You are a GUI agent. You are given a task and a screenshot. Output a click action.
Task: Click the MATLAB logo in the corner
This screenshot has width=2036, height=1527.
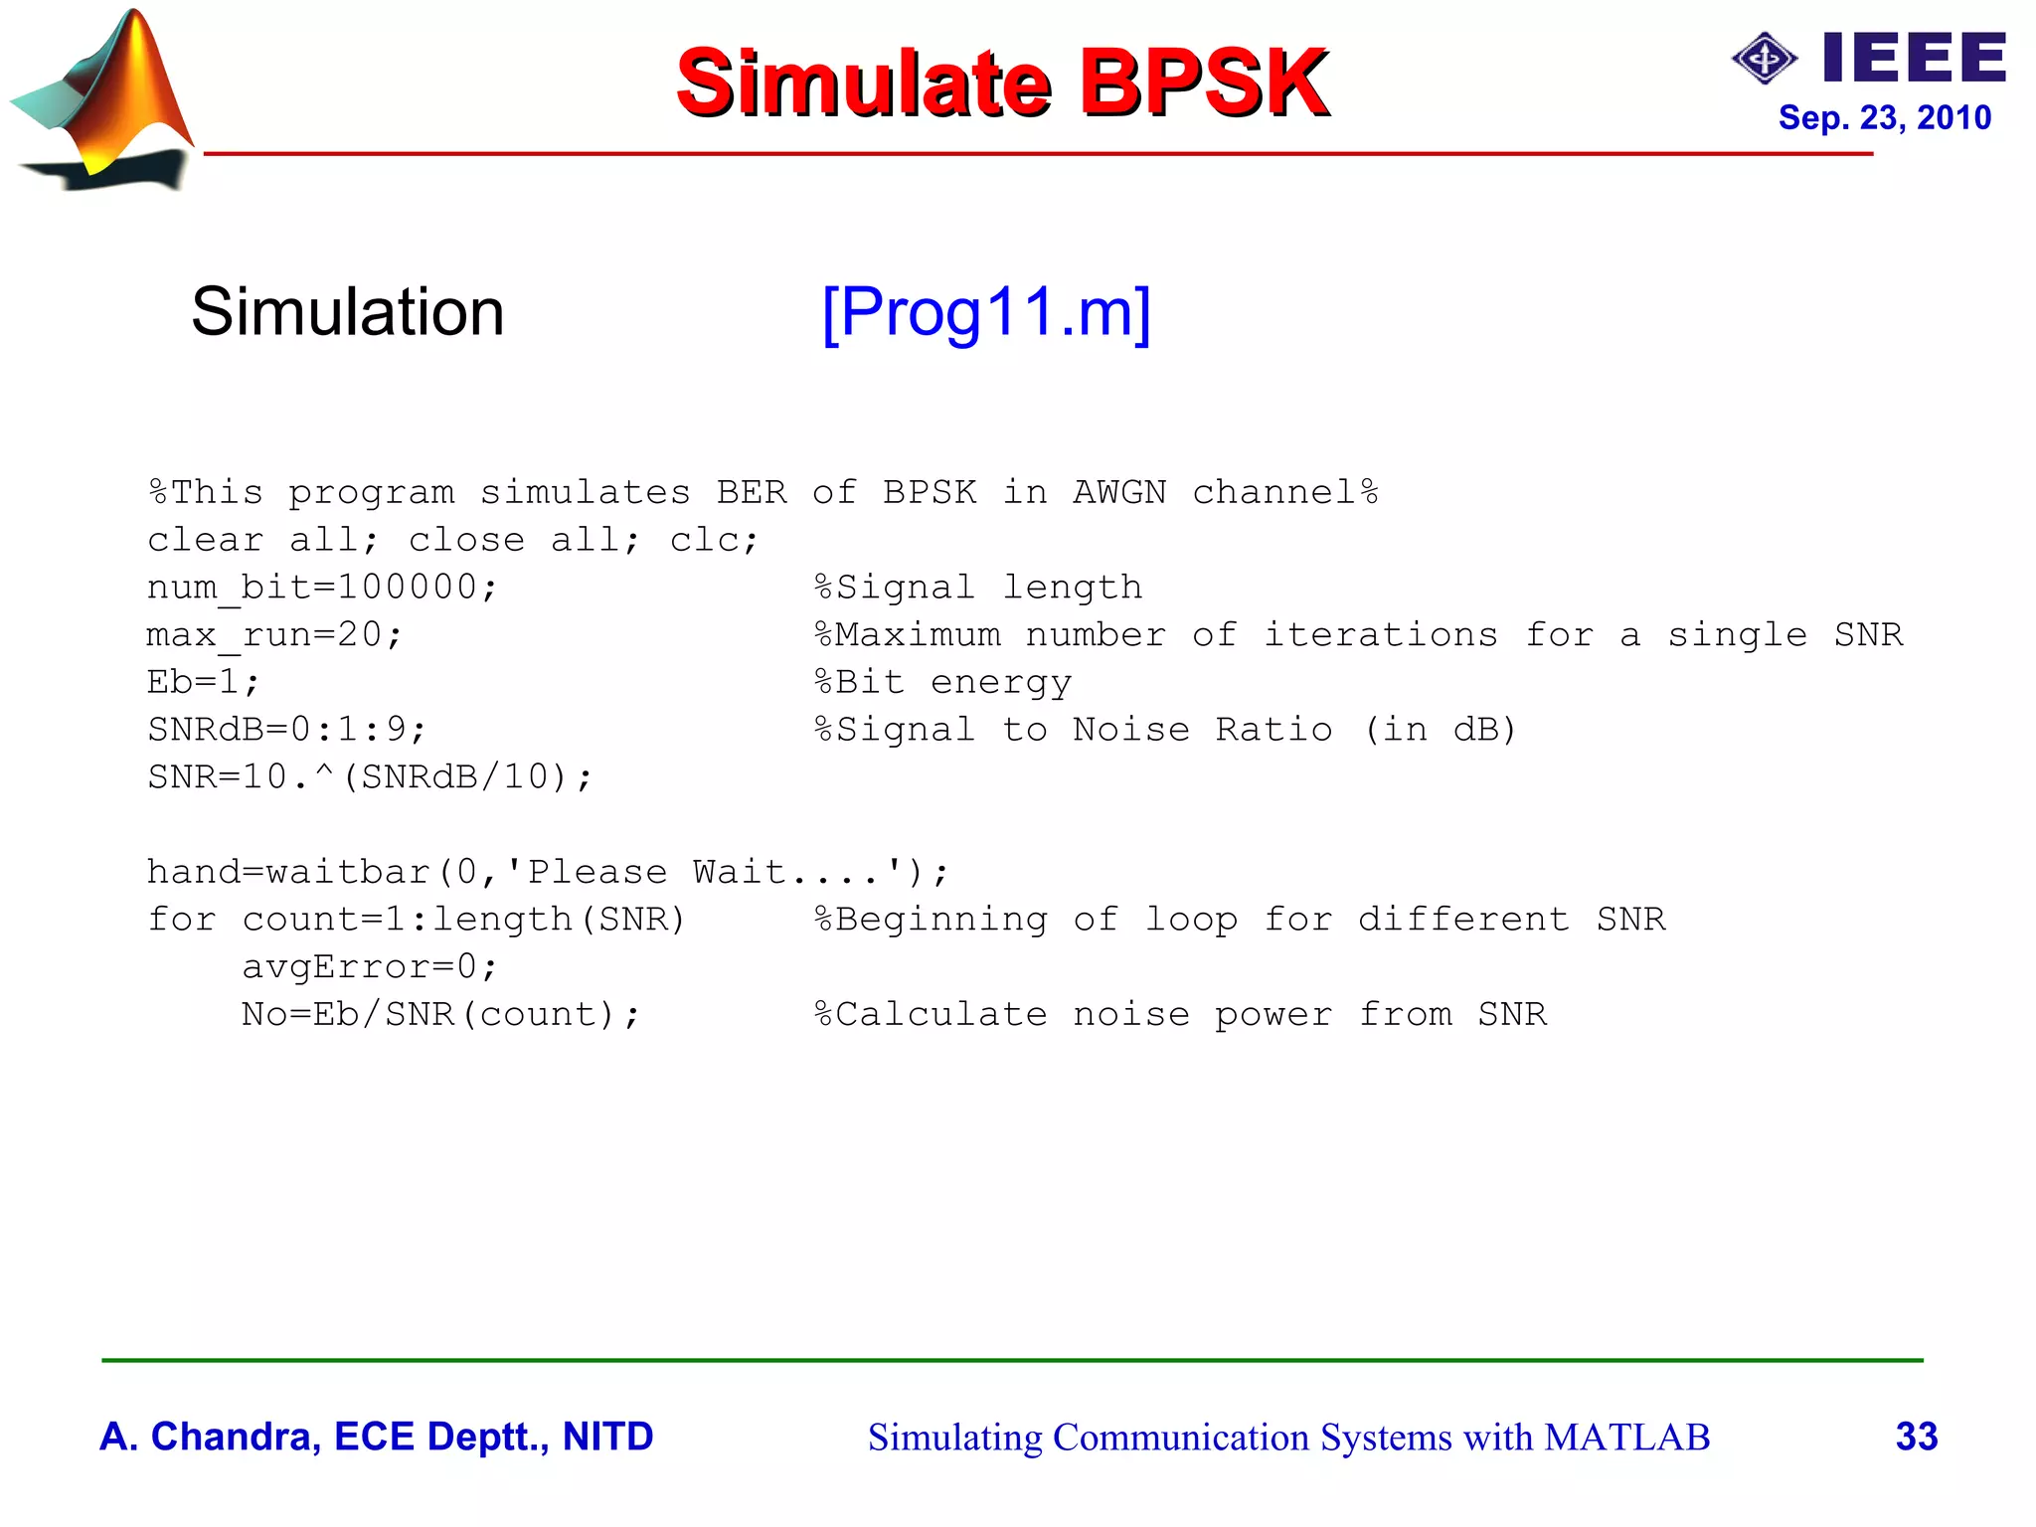(x=104, y=99)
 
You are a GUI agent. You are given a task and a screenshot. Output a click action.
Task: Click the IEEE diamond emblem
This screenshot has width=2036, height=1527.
(x=1764, y=59)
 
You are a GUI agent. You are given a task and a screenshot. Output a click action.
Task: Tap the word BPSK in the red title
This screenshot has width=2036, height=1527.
(x=1204, y=83)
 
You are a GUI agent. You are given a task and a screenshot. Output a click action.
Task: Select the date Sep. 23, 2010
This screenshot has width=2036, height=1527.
(x=1884, y=118)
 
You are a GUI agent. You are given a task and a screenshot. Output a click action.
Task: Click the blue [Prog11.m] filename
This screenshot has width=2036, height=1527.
(x=986, y=313)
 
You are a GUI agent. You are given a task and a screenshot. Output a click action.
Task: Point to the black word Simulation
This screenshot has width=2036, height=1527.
(x=347, y=312)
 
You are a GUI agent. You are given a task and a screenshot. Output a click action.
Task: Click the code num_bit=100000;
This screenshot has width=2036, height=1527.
(x=321, y=588)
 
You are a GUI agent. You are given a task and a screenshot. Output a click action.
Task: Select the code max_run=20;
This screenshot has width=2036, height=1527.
(x=274, y=635)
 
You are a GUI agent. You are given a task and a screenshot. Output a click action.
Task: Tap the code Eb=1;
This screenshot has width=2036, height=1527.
(x=203, y=682)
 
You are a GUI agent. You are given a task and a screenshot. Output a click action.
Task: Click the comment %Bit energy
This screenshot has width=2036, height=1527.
(x=942, y=682)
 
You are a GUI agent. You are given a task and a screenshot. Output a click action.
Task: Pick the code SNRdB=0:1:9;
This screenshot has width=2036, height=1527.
(x=286, y=730)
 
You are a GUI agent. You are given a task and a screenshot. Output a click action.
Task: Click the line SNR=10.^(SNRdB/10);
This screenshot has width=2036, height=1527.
(x=370, y=777)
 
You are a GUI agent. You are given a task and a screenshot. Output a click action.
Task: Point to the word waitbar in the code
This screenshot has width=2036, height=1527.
(x=348, y=872)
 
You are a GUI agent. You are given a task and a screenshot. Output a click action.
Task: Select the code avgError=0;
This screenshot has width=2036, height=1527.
(x=369, y=966)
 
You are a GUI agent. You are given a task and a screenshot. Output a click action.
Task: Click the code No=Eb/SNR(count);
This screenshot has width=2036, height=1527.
(x=440, y=1014)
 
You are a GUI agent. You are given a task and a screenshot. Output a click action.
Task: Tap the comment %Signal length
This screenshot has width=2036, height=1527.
(x=978, y=588)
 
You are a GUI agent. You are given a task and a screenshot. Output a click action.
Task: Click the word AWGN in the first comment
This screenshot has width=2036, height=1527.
(x=1118, y=493)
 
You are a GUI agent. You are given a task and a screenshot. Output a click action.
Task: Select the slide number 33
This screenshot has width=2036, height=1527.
(x=1916, y=1437)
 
